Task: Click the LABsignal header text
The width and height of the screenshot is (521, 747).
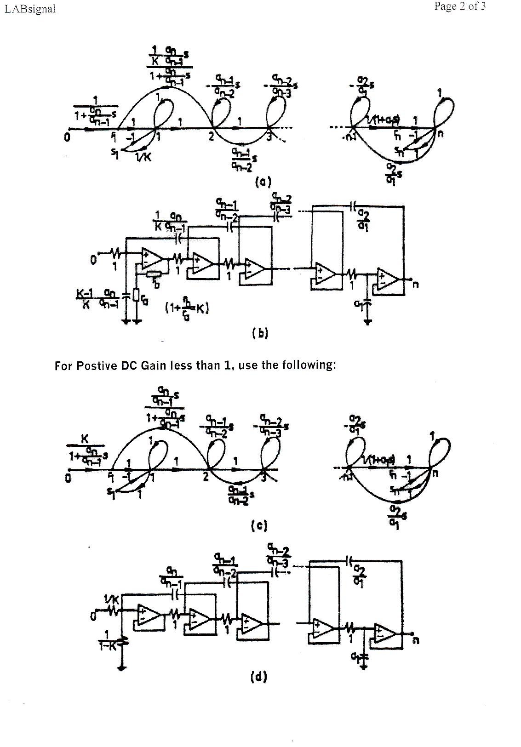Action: [30, 9]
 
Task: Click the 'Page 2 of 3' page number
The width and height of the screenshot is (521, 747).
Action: [459, 6]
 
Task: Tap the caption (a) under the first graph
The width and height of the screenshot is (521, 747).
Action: [263, 182]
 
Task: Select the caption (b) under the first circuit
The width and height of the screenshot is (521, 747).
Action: [260, 333]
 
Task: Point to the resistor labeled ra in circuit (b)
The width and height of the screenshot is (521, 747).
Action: [137, 294]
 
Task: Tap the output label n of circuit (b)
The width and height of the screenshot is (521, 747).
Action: [415, 285]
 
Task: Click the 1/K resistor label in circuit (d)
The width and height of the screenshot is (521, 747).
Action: [112, 600]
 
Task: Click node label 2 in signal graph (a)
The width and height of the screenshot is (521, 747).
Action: [211, 137]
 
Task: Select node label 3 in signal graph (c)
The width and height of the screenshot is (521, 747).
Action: [263, 478]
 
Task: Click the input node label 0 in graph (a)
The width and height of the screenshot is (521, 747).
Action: [67, 137]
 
